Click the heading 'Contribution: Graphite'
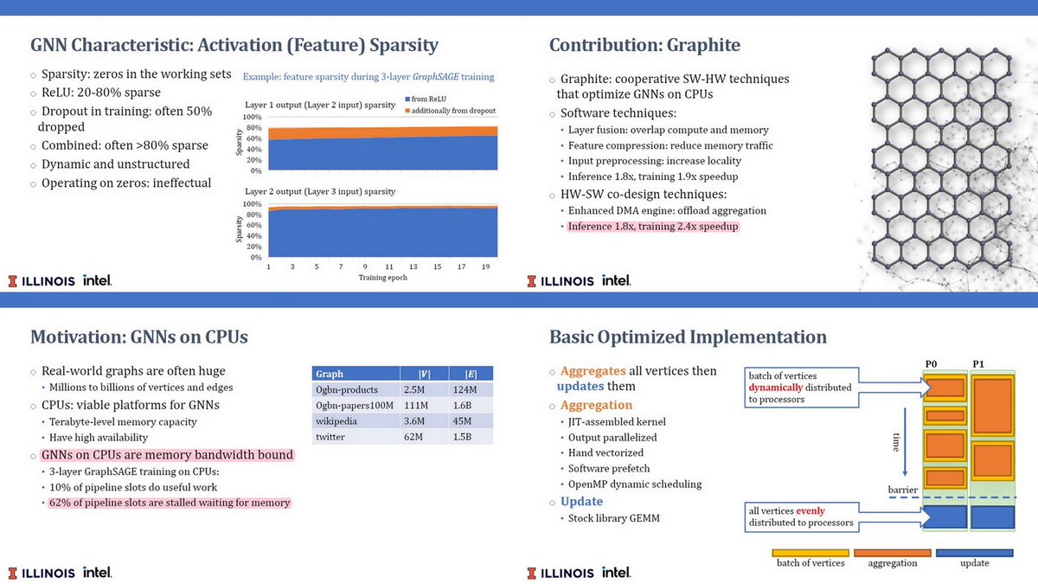click(x=644, y=45)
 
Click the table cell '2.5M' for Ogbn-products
click(x=414, y=389)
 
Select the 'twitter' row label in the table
click(x=331, y=438)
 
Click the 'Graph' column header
click(x=330, y=374)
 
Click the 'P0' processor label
click(x=932, y=363)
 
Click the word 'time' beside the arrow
click(x=895, y=444)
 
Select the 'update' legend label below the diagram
click(x=974, y=563)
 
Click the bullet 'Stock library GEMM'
click(x=609, y=518)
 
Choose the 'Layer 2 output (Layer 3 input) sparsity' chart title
click(x=320, y=191)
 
